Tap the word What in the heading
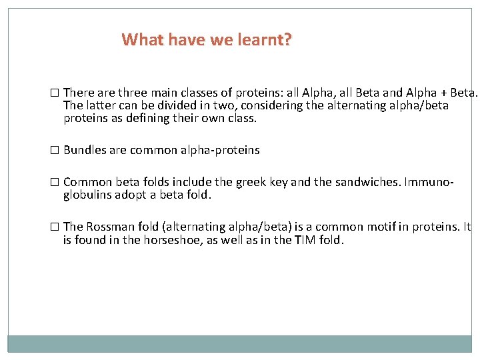(141, 40)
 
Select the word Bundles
(84, 150)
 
